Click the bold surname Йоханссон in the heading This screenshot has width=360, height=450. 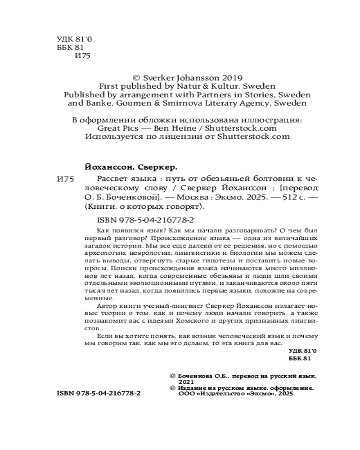[108, 166]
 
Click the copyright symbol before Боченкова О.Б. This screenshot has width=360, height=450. [170, 374]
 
